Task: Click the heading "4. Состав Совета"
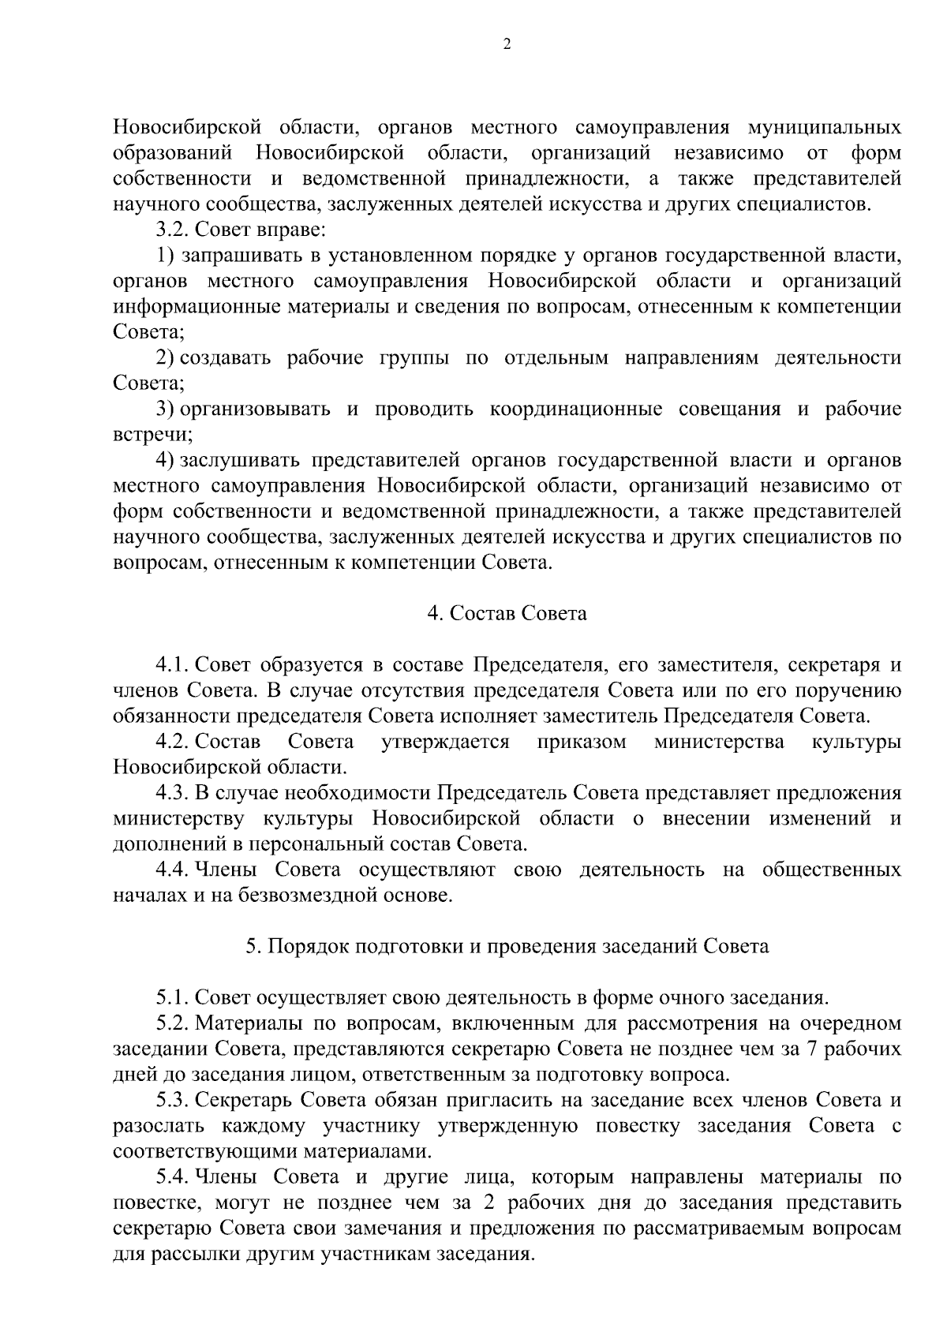coord(507,614)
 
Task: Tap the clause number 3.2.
coord(170,230)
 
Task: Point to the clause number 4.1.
coord(170,665)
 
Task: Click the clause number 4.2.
coord(170,742)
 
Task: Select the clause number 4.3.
coord(170,793)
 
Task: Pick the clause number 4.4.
coord(170,870)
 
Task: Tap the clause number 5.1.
coord(170,998)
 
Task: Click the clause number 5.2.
coord(170,1024)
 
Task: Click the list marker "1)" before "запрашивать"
coord(164,256)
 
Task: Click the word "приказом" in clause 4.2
coord(582,742)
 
